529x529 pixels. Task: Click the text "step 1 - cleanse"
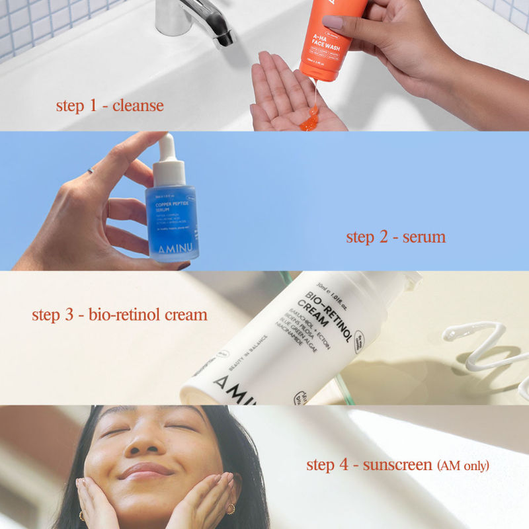[110, 106]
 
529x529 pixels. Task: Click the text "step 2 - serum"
[395, 237]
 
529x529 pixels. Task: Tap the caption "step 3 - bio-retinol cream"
[120, 314]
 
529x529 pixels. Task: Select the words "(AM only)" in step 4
[463, 466]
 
